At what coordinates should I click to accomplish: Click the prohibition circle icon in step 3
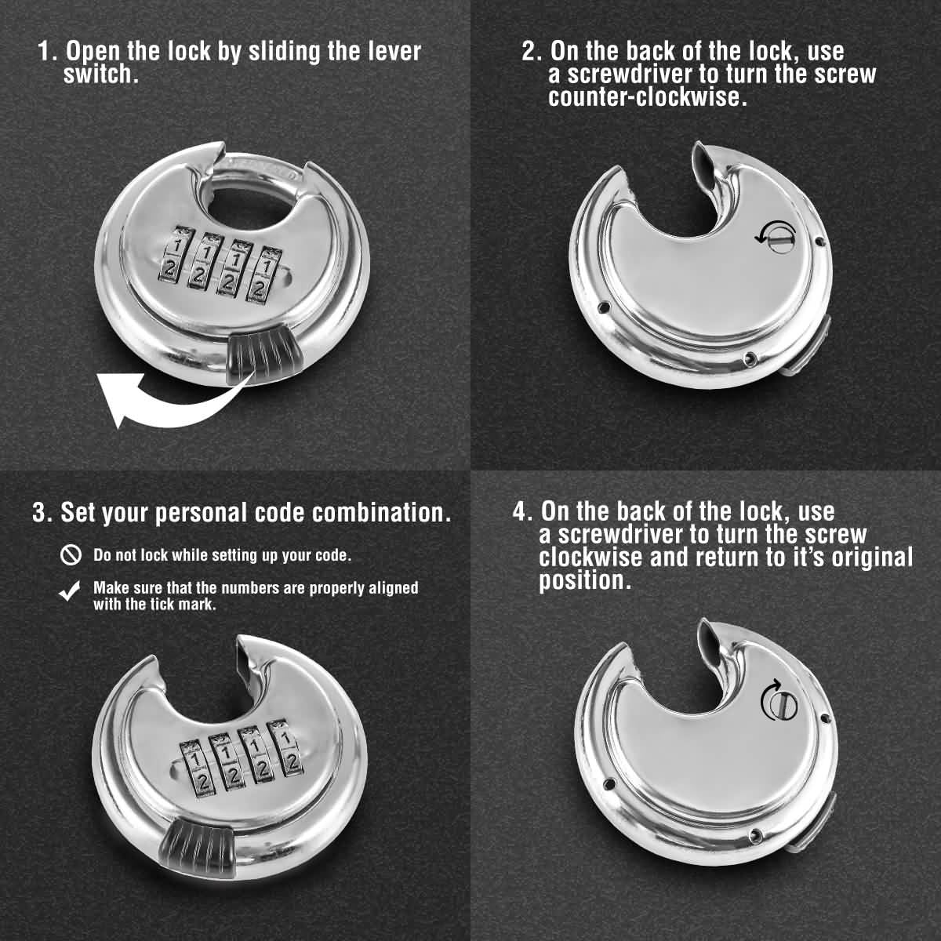pyautogui.click(x=71, y=555)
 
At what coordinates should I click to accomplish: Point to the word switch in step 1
pyautogui.click(x=100, y=74)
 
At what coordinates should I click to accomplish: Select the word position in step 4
pyautogui.click(x=584, y=581)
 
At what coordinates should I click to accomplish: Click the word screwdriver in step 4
pyautogui.click(x=627, y=535)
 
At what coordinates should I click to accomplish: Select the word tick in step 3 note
pyautogui.click(x=163, y=605)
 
